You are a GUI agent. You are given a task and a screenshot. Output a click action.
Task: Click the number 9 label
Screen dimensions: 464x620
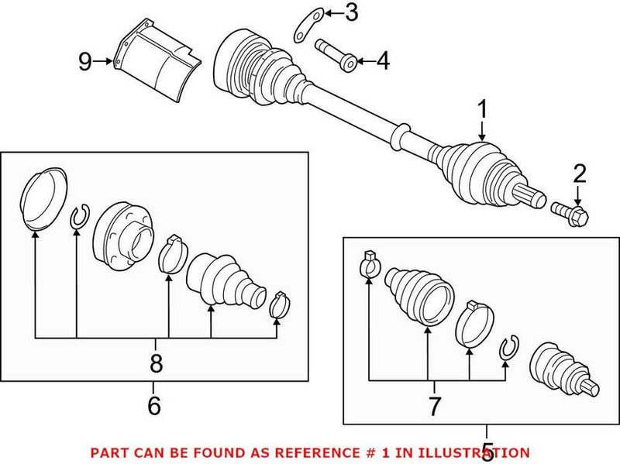(x=85, y=61)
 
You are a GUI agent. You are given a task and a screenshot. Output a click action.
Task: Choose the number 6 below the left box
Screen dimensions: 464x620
(x=153, y=403)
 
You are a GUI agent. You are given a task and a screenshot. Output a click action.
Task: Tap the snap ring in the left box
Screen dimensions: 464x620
(x=79, y=218)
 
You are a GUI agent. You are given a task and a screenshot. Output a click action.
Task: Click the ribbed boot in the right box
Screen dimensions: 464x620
(x=418, y=294)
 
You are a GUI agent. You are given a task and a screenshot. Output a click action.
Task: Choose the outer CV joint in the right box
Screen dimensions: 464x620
(x=562, y=368)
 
